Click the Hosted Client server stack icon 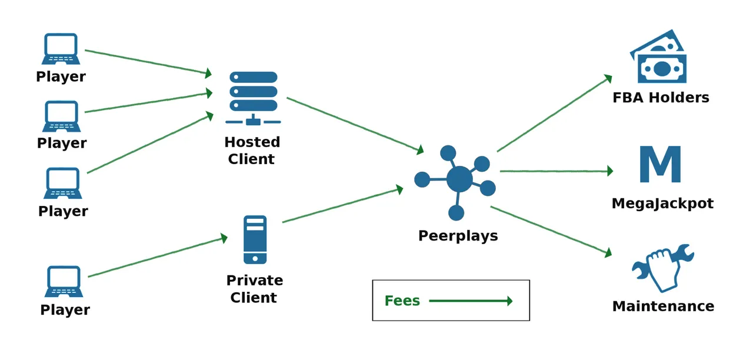(x=254, y=97)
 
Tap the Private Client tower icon (x=255, y=239)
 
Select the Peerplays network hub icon (x=455, y=179)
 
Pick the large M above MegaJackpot (x=660, y=164)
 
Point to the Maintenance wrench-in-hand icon (x=662, y=267)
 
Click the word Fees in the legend (x=402, y=301)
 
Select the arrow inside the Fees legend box (x=471, y=301)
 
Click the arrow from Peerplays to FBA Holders (x=554, y=114)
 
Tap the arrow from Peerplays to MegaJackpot (x=556, y=171)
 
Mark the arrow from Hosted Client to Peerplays (x=355, y=125)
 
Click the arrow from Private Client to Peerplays (x=342, y=205)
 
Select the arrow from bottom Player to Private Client (x=157, y=257)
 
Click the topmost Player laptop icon (x=61, y=49)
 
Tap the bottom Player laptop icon (x=64, y=282)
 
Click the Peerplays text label (x=458, y=236)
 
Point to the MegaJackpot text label (x=662, y=204)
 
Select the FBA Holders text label (x=661, y=98)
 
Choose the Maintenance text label (x=663, y=306)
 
